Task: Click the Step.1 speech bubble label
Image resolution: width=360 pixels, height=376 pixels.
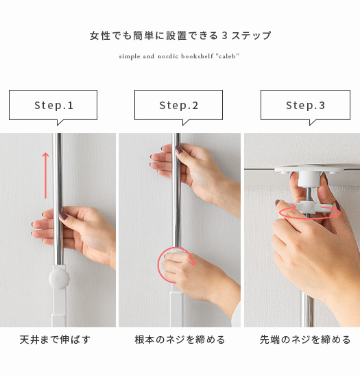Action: tap(53, 105)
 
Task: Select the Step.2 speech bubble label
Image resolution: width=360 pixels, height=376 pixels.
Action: tap(179, 105)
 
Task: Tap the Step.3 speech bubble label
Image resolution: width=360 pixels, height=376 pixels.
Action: tap(305, 105)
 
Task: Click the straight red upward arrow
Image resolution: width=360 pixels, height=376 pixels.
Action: tap(45, 176)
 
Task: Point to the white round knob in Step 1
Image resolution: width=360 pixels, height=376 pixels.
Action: tap(59, 279)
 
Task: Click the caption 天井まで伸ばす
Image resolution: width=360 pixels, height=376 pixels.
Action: tap(55, 340)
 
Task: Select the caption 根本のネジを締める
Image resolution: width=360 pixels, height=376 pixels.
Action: tap(180, 340)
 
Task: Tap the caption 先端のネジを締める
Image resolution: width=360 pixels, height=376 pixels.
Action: tap(305, 340)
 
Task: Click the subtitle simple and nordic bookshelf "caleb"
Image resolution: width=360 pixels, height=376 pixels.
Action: tap(179, 56)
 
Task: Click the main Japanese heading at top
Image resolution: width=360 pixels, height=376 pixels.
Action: tap(180, 36)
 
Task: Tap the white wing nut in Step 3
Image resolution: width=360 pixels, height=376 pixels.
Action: tap(309, 207)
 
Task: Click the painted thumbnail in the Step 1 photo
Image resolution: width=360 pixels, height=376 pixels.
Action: tap(63, 215)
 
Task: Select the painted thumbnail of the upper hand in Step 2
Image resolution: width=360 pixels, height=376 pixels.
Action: tap(179, 150)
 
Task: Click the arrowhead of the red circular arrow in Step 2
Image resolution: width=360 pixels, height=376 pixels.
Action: tap(193, 262)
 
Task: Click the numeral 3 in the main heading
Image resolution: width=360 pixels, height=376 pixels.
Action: tap(224, 36)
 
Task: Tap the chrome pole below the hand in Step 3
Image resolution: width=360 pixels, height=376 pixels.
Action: tap(309, 312)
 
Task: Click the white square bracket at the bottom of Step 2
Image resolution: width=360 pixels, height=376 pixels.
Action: tap(176, 309)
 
